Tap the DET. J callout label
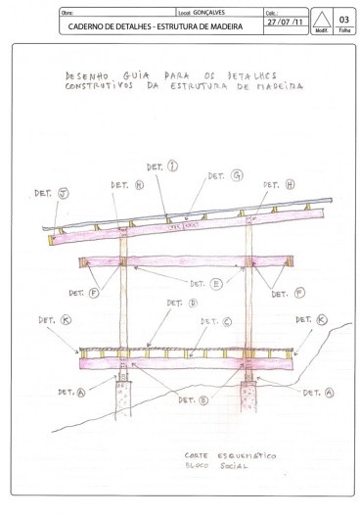pos(46,194)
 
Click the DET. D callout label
pos(182,304)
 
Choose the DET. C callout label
pos(215,320)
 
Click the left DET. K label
pos(49,320)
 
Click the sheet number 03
pos(342,19)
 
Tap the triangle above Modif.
pos(320,20)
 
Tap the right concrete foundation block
pos(250,397)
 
